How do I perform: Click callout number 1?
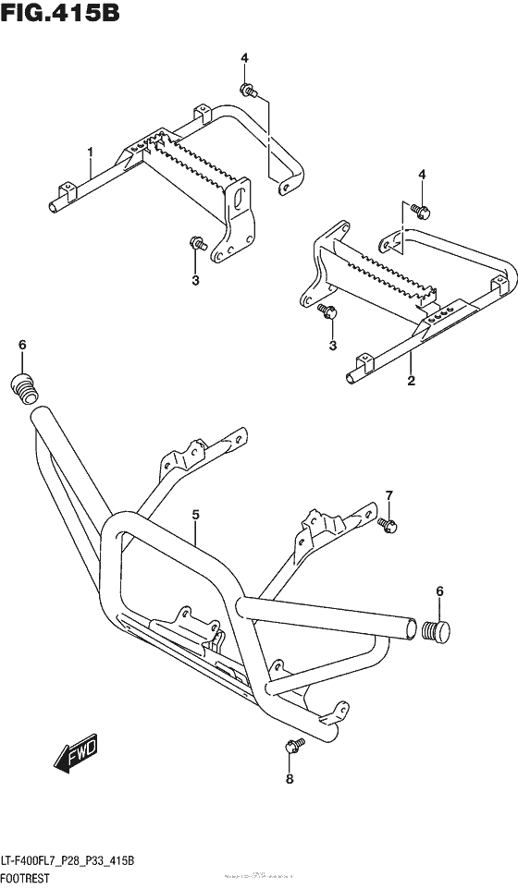tap(91, 151)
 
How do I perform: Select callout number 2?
tap(410, 380)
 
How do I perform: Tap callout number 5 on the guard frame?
tap(196, 513)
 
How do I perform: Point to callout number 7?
tap(389, 495)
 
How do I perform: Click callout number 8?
tap(289, 779)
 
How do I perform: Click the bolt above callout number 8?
tap(290, 746)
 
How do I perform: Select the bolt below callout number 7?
tap(388, 524)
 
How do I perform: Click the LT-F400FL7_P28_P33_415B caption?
tap(69, 861)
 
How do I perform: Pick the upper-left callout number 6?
tap(23, 346)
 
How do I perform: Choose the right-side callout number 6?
tap(439, 591)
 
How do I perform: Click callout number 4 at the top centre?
tap(244, 59)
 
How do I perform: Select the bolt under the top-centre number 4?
tap(249, 90)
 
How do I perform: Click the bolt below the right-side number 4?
tap(420, 211)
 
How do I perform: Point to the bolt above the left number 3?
tap(196, 245)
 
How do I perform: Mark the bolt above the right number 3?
tap(327, 311)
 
